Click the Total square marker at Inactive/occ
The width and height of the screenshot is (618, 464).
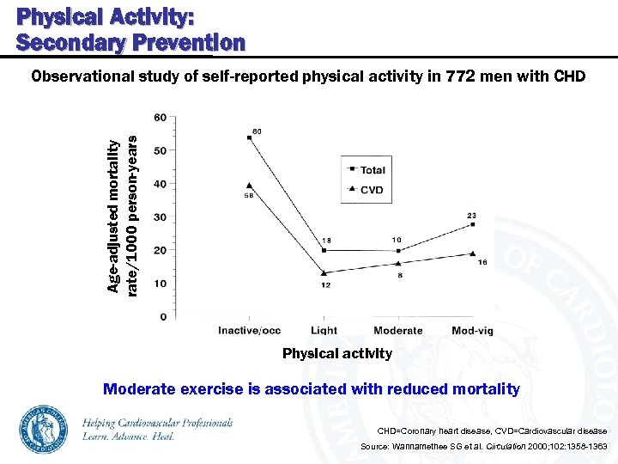pos(249,137)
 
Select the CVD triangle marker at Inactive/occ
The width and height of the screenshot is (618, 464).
pos(249,185)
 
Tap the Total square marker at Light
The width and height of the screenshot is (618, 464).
pos(324,250)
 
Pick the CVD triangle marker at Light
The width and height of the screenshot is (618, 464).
pos(324,272)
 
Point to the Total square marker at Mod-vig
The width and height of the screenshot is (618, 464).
pos(473,224)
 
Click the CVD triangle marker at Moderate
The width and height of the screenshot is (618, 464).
pos(398,263)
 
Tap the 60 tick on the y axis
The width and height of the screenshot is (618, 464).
pos(161,117)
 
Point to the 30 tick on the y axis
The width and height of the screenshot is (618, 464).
pos(161,217)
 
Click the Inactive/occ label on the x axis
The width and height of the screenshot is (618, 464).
pos(249,331)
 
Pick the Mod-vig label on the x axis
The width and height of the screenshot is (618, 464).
pos(472,331)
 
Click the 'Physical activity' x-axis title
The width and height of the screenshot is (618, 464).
pos(337,353)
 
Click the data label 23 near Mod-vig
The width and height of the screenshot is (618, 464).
pos(471,215)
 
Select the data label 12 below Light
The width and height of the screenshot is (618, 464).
pos(326,284)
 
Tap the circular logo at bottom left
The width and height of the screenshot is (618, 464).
pos(44,429)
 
